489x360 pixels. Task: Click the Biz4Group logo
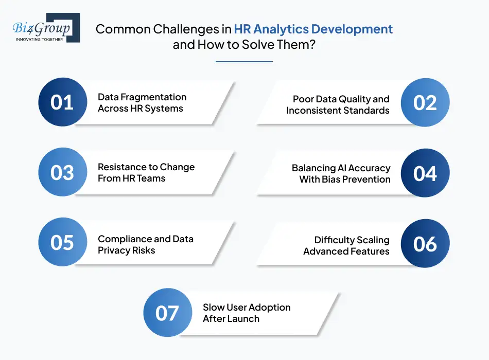(x=46, y=28)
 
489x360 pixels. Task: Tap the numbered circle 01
(x=63, y=102)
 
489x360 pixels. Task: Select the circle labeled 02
(x=425, y=102)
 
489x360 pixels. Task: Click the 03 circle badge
(x=63, y=172)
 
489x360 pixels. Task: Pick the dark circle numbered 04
(x=425, y=173)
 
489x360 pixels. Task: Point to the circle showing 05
(x=63, y=242)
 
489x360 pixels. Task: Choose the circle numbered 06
(x=425, y=243)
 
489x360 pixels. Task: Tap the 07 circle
(x=168, y=312)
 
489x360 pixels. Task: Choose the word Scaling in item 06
(x=373, y=240)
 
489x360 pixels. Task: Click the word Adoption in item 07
(x=270, y=308)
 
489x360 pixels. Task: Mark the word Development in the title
(x=352, y=29)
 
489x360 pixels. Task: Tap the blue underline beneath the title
(x=244, y=62)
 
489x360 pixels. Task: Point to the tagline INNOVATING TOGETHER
(x=39, y=40)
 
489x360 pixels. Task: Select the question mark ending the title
(x=312, y=45)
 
